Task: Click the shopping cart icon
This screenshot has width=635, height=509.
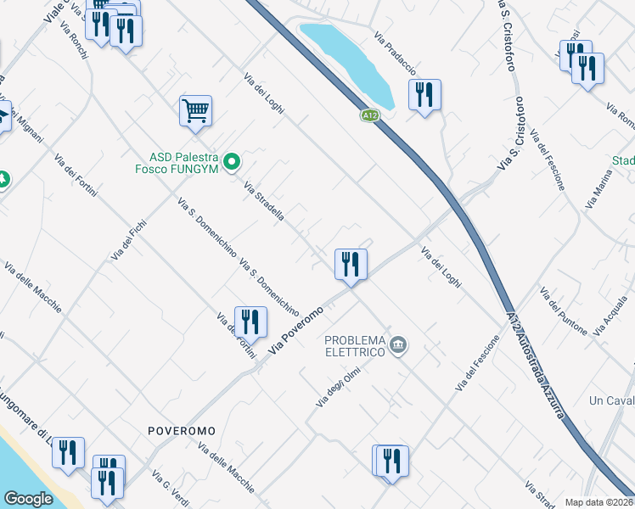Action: (x=195, y=111)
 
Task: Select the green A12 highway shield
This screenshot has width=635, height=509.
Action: (x=368, y=115)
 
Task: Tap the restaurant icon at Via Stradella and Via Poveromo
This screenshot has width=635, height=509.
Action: (x=350, y=264)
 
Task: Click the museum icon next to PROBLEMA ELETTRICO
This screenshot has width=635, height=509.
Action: (x=399, y=345)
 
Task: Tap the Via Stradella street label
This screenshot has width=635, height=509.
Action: (x=264, y=201)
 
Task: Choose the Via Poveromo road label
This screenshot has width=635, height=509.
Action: (x=296, y=331)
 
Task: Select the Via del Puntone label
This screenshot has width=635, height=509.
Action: (x=562, y=310)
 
